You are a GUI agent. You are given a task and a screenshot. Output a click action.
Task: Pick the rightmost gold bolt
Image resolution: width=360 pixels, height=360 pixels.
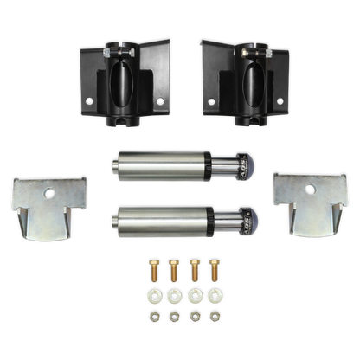(215, 272)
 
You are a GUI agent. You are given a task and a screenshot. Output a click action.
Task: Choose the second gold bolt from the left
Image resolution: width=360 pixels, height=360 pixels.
(173, 272)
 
